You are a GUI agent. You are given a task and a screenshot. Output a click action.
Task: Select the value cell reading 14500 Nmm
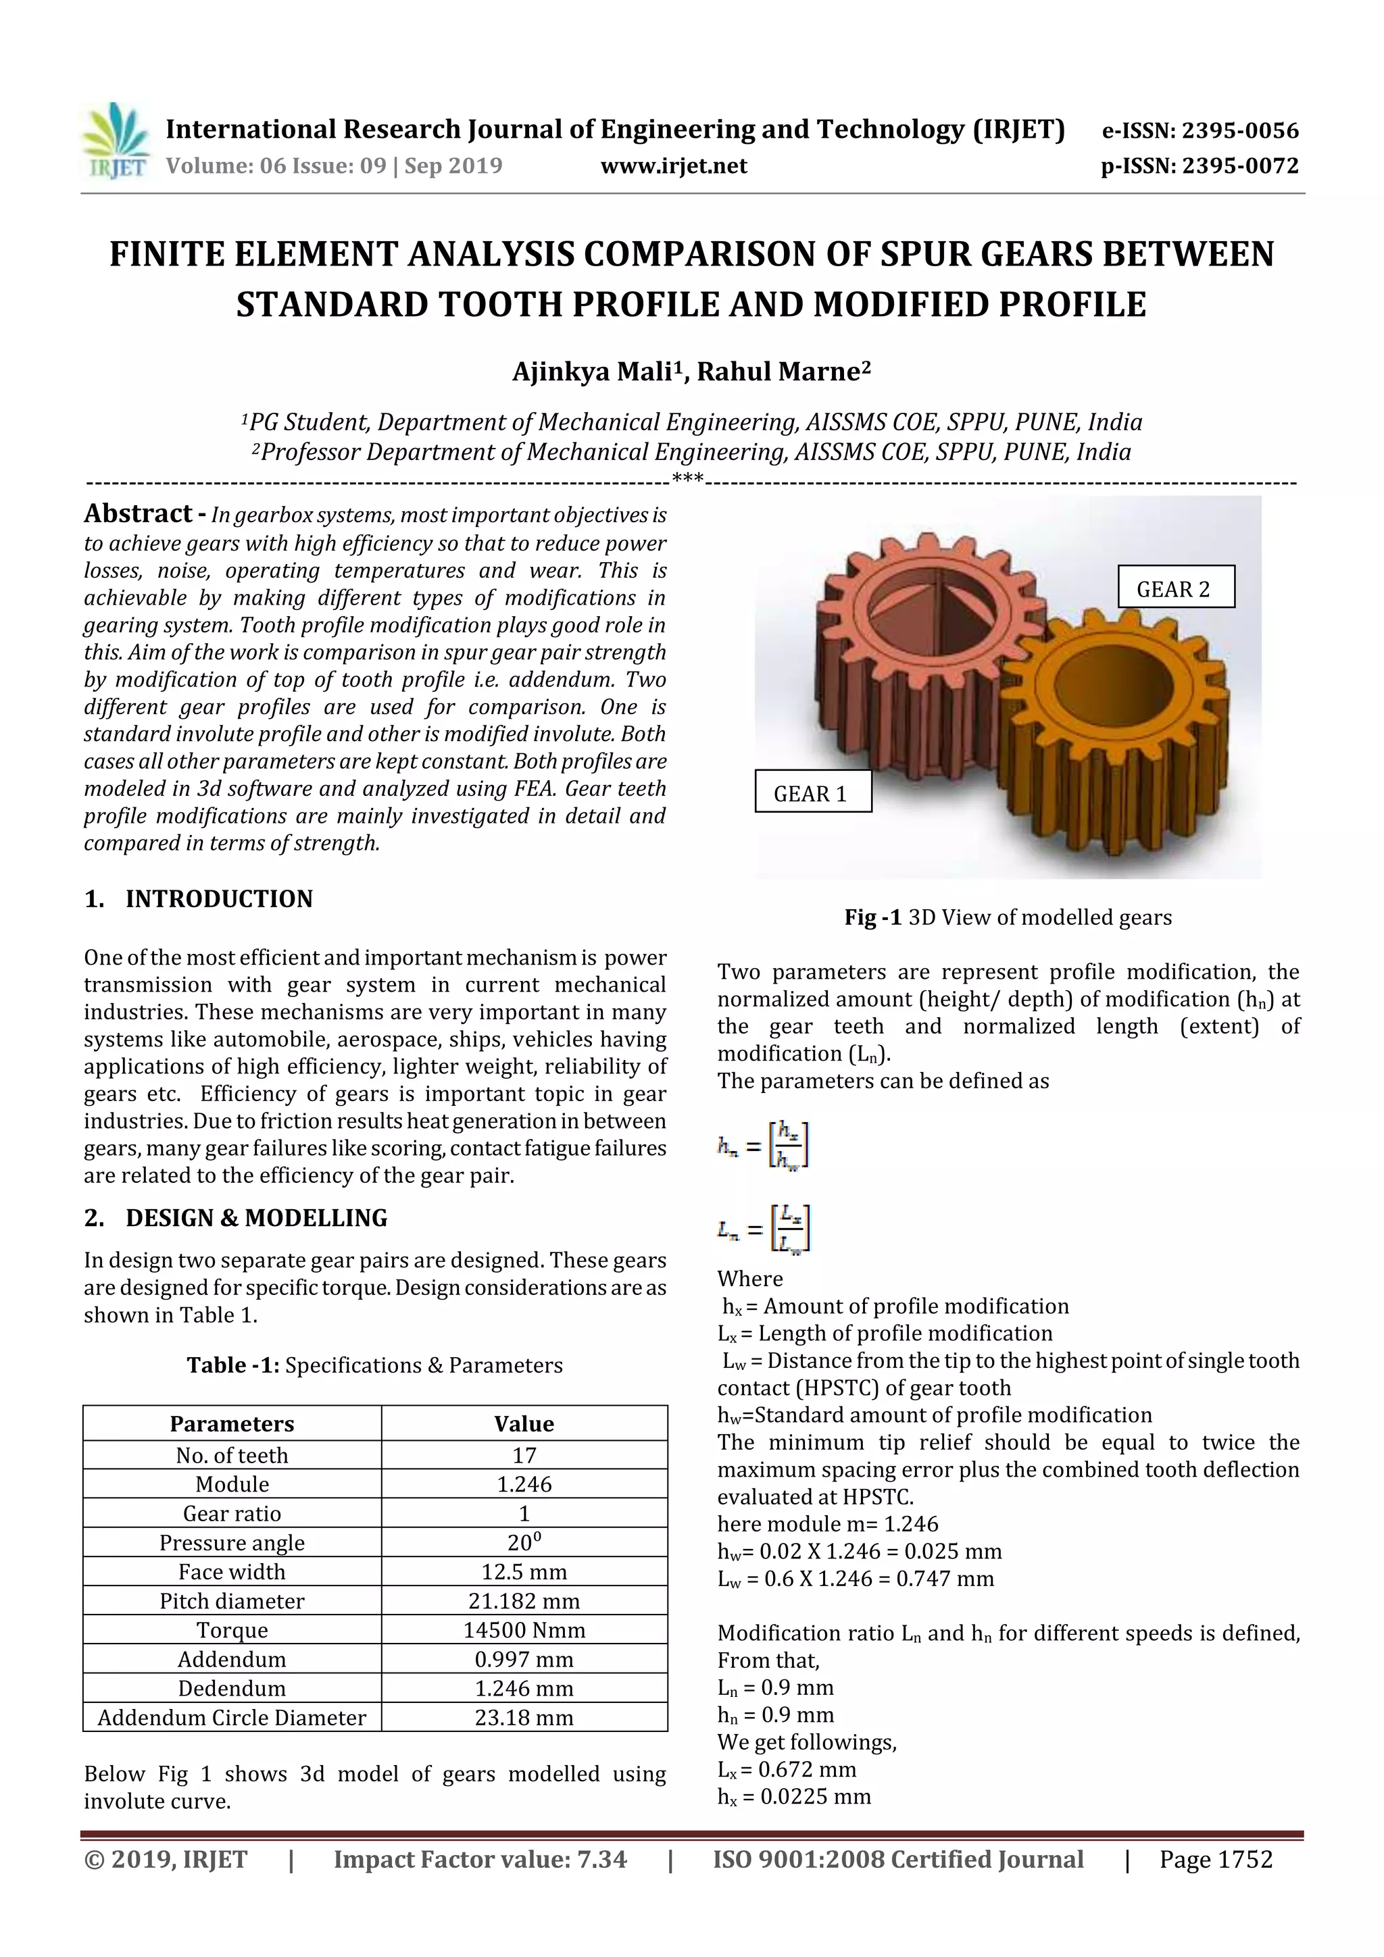[524, 1629]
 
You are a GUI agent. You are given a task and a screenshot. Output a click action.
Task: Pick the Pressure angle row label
[232, 1542]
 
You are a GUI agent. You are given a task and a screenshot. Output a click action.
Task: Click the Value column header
[524, 1423]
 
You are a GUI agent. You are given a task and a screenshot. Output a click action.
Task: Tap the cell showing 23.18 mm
[524, 1717]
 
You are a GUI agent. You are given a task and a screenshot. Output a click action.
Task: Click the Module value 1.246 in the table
[524, 1484]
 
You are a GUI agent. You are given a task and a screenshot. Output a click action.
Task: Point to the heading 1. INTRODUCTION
[199, 898]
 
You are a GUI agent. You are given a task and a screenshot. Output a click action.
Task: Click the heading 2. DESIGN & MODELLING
[237, 1218]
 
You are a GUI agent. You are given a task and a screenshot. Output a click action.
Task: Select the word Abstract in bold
[138, 513]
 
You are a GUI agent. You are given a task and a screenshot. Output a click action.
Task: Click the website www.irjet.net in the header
[673, 166]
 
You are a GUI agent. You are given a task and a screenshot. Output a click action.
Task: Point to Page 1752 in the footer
[1215, 1859]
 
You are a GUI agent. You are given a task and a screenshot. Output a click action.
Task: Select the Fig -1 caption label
[872, 917]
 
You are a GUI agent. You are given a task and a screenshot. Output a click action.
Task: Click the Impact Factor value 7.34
[602, 1859]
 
